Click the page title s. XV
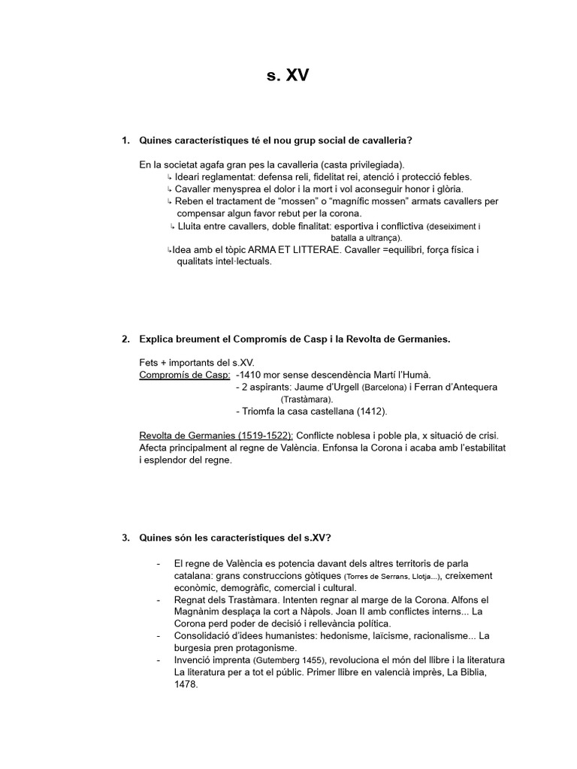tap(288, 75)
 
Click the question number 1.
tap(125, 140)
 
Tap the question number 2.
tap(125, 339)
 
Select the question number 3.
tap(125, 538)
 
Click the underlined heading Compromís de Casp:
tap(185, 375)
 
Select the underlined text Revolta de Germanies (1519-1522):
tap(217, 436)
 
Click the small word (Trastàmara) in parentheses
tap(307, 400)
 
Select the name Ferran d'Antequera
tap(455, 388)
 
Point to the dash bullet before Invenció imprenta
tap(159, 660)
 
